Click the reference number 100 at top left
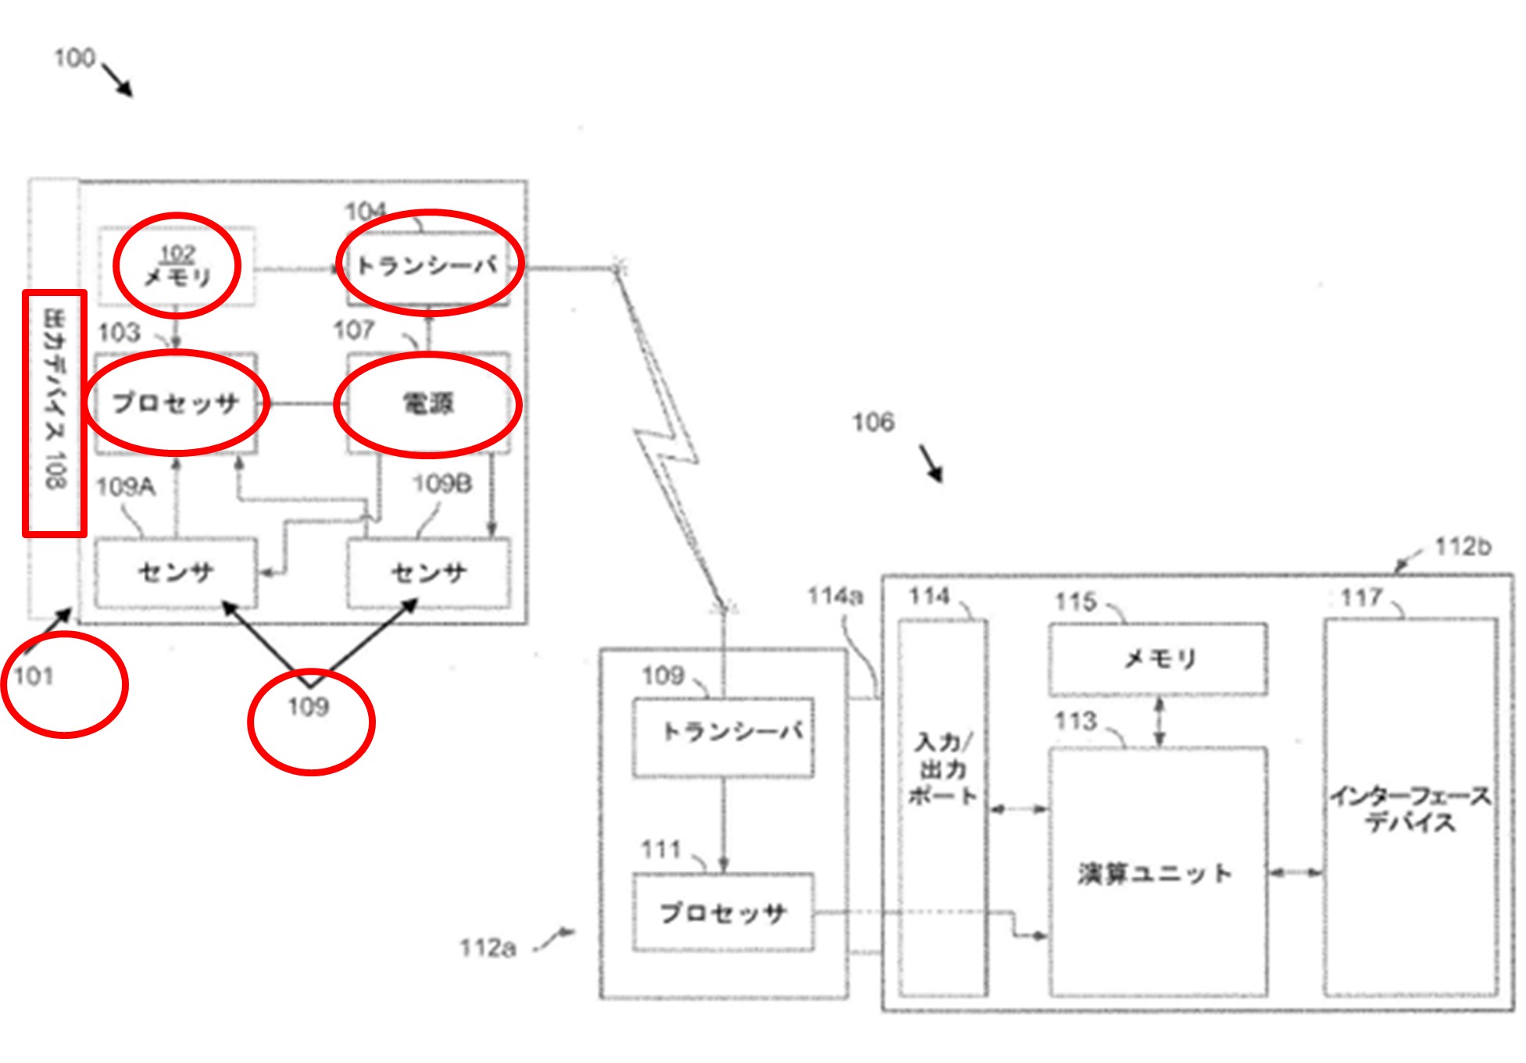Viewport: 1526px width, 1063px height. (74, 58)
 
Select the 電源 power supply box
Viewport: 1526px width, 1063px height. (428, 404)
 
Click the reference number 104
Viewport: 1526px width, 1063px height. (365, 211)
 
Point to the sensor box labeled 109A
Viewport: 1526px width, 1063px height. (176, 573)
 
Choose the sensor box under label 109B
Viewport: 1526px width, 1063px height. (428, 573)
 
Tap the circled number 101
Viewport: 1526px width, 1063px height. (34, 676)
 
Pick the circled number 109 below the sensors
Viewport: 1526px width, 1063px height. (309, 708)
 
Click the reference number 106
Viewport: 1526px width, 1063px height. (873, 423)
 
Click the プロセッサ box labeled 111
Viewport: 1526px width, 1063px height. (724, 912)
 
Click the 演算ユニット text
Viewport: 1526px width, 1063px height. (1155, 873)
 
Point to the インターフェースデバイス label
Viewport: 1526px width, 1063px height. (1411, 808)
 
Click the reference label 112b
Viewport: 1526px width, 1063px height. (1463, 547)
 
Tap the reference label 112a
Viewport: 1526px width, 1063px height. (488, 948)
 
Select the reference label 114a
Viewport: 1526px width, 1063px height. (834, 597)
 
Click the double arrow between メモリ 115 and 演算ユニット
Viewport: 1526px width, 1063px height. (1160, 722)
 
